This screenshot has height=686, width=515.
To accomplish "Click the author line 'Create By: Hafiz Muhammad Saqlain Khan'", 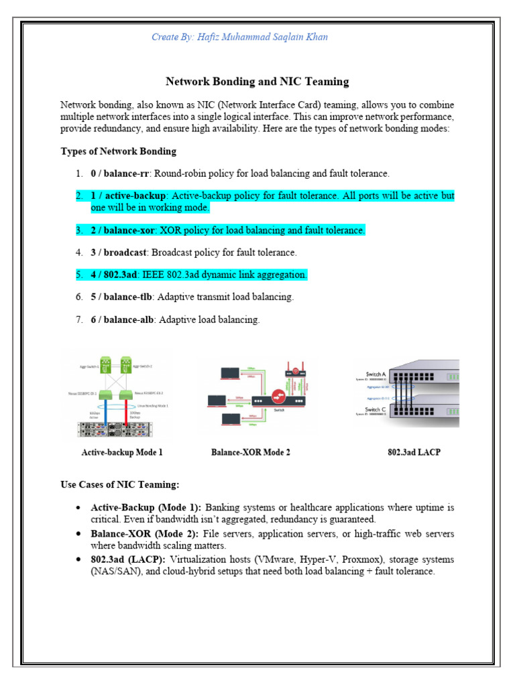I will [x=239, y=38].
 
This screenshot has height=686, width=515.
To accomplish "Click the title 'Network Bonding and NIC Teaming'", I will [x=257, y=82].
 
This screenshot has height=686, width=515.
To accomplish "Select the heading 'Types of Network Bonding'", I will [x=119, y=151].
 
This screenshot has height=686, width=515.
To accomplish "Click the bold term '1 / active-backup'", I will [x=128, y=196].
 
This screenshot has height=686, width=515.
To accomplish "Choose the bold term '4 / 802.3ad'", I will [x=113, y=275].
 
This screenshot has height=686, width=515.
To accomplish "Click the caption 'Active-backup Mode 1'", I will [x=122, y=452].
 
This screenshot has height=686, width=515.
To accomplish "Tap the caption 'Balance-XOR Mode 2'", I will [x=251, y=452].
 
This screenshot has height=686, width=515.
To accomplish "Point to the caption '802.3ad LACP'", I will [x=414, y=452].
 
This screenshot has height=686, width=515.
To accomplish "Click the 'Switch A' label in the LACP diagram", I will [x=376, y=374].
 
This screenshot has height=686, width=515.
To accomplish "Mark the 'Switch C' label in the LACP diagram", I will [x=376, y=409].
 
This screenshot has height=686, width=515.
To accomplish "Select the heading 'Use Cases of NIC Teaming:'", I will [x=120, y=484].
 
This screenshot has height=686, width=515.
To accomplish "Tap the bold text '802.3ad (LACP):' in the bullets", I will [x=128, y=559].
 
